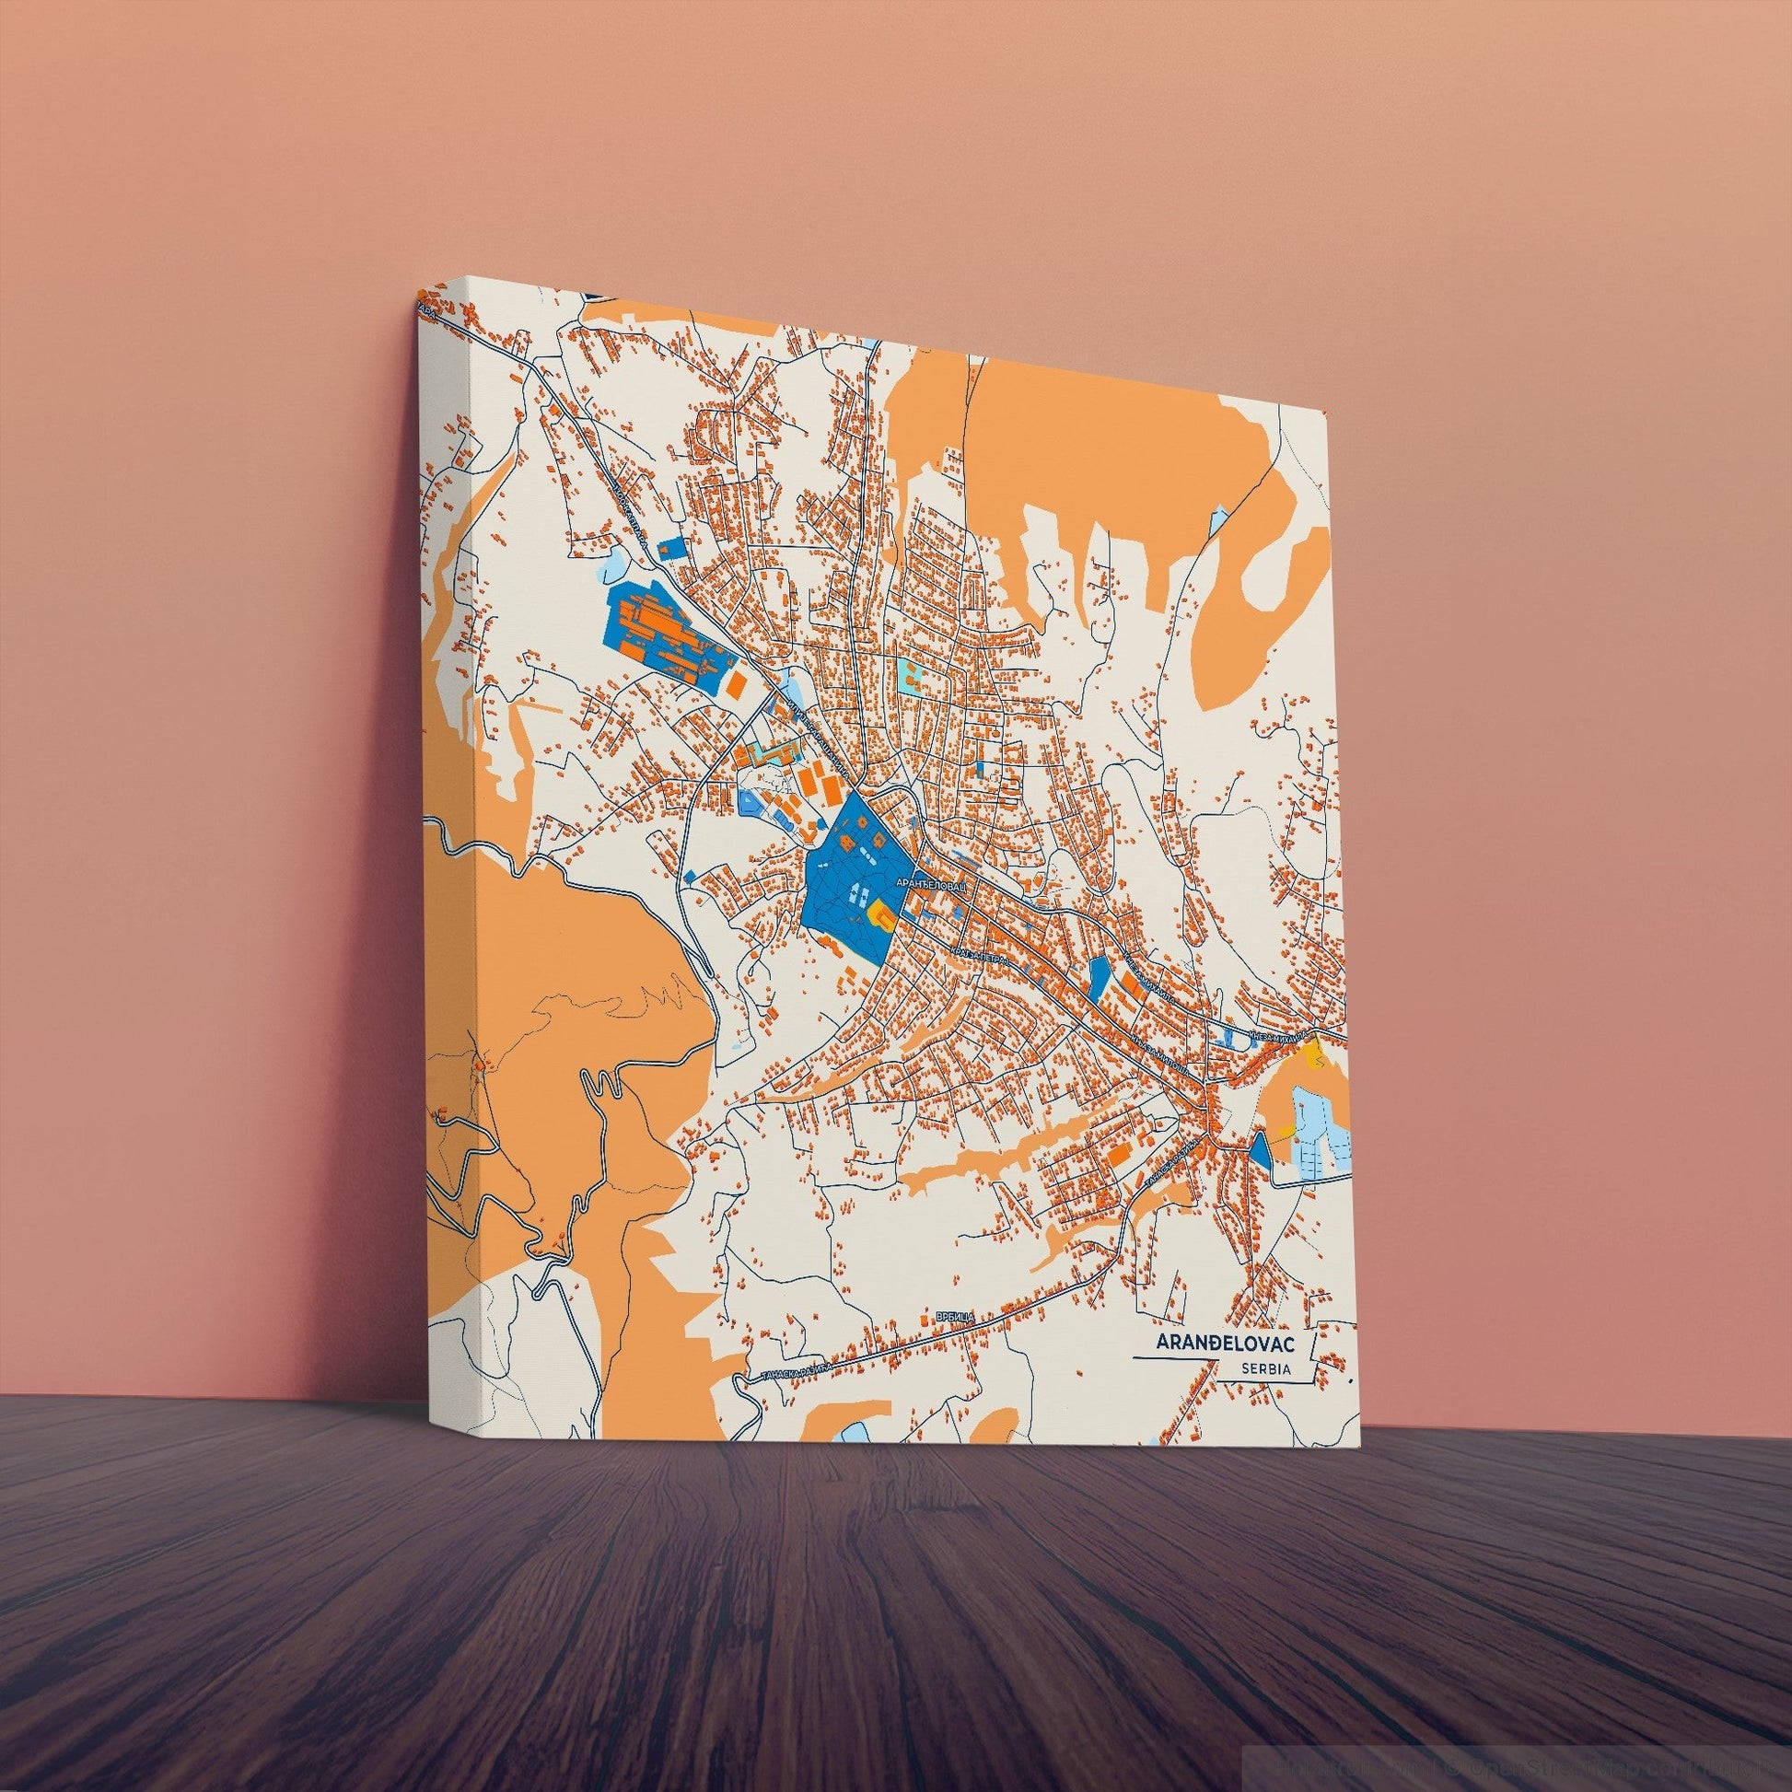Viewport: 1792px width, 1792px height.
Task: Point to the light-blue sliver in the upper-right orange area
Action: point(1216,519)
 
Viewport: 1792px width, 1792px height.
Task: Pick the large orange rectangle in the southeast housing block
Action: point(1120,1153)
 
